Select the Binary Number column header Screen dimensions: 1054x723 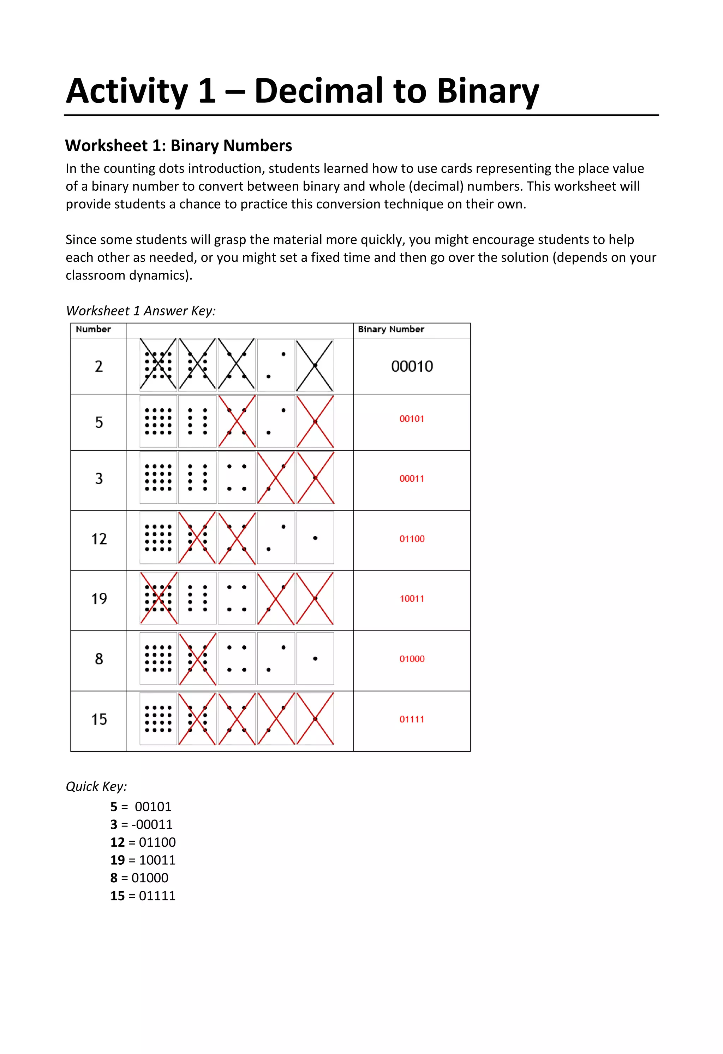(x=391, y=329)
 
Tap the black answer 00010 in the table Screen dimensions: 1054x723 (x=412, y=366)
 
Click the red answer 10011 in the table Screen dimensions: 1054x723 (x=412, y=599)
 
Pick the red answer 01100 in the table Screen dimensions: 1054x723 (x=412, y=539)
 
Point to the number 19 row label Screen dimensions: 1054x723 (x=99, y=599)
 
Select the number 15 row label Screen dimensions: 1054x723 (x=99, y=719)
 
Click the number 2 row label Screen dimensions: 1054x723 (x=99, y=366)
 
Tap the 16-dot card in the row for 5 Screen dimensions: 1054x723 (x=158, y=421)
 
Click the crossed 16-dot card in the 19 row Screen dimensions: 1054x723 (x=158, y=598)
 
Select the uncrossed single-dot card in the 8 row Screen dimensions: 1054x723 (x=315, y=658)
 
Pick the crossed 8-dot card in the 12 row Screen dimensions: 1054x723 (x=197, y=538)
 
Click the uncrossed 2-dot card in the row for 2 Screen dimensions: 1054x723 (x=276, y=365)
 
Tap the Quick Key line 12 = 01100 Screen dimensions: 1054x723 (x=143, y=842)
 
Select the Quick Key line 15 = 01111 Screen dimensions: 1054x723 (x=143, y=896)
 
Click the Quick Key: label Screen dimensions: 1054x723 (x=96, y=786)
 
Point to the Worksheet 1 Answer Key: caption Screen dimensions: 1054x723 (x=141, y=311)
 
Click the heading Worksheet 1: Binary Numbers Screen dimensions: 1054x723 (x=179, y=146)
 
